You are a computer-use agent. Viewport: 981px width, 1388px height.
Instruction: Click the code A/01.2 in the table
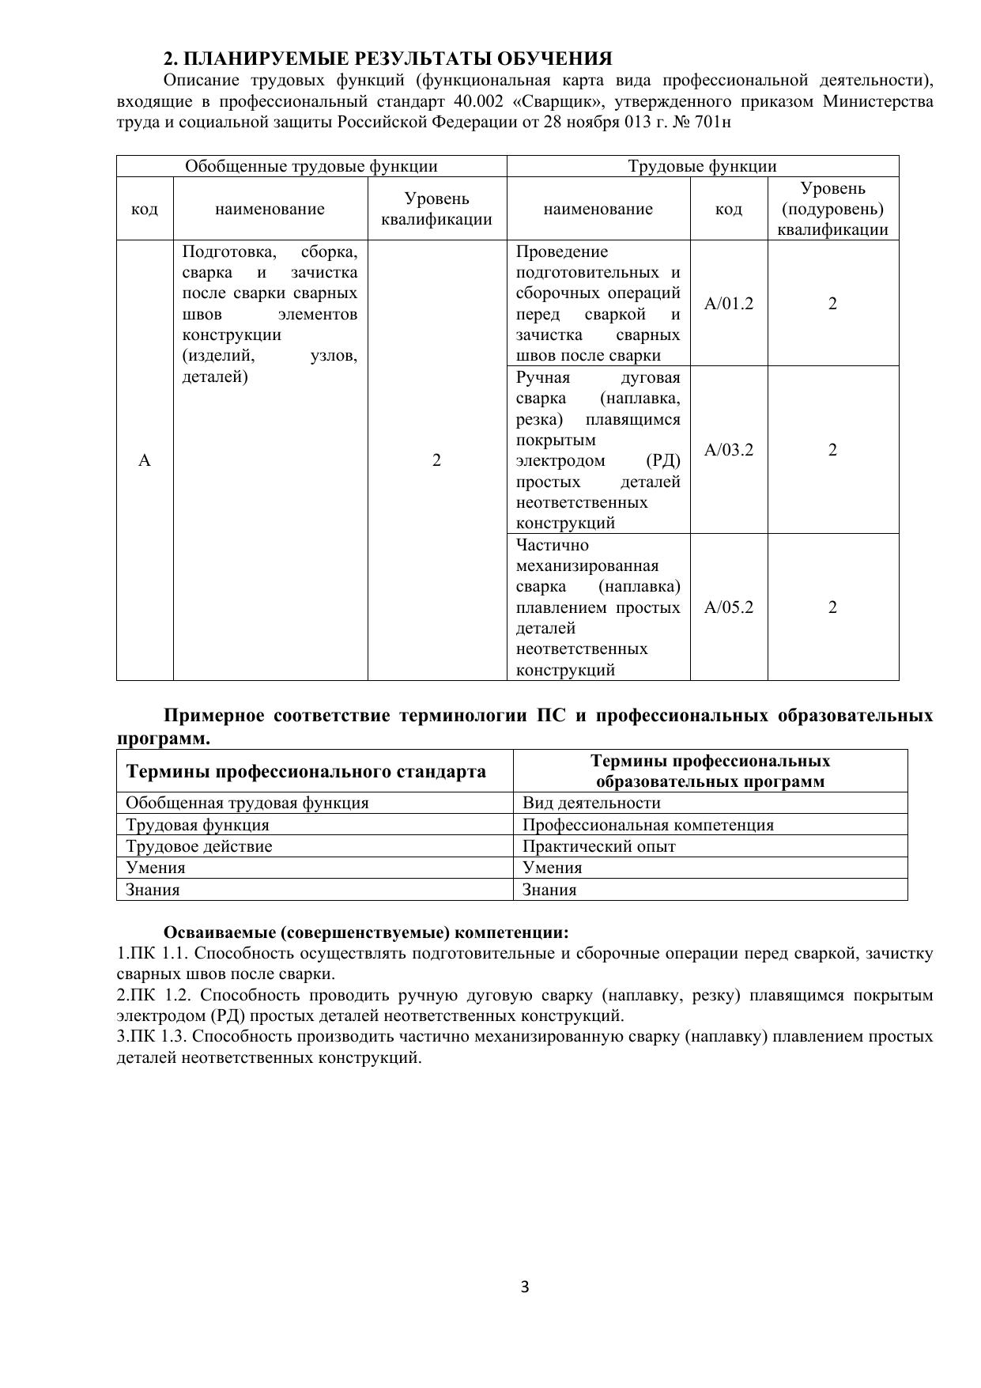728,304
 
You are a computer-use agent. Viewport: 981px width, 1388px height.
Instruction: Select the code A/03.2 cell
728,450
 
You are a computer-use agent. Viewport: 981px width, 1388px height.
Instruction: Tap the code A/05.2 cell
728,607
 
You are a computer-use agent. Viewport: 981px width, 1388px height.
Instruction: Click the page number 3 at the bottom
525,1287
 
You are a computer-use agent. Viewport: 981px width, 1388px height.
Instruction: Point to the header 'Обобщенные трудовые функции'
311,166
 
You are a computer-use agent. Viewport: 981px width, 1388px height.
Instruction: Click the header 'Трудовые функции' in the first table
702,166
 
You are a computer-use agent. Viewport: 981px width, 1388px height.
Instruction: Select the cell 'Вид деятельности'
591,804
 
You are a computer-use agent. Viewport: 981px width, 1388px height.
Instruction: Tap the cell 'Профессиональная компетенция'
648,825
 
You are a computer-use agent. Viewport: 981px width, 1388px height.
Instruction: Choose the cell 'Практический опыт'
599,846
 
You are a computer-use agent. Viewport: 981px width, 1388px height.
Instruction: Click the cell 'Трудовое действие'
199,846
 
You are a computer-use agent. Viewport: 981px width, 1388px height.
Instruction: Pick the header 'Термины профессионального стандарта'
306,771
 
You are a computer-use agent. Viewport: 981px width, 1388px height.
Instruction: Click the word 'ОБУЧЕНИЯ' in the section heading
559,59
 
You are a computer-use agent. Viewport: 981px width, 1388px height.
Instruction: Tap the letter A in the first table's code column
145,460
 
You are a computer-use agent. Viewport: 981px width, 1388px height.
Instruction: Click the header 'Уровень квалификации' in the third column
436,209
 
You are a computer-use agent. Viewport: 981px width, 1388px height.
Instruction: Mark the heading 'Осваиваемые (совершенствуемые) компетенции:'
366,932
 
